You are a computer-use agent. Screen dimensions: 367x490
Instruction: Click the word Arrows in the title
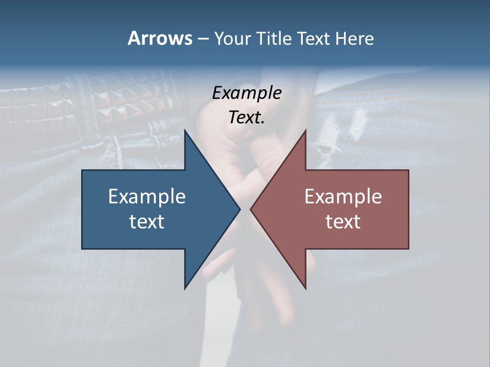(x=160, y=38)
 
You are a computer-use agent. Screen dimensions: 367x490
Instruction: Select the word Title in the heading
(x=276, y=39)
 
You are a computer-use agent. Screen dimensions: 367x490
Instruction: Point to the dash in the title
(x=203, y=39)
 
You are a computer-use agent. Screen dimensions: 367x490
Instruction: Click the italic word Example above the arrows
(x=247, y=93)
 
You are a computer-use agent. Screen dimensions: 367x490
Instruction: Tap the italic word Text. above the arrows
(x=247, y=117)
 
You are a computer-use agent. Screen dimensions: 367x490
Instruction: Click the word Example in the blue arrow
(x=147, y=196)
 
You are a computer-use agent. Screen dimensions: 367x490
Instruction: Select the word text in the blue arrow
(x=147, y=222)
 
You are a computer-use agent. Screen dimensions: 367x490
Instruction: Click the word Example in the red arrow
(x=343, y=196)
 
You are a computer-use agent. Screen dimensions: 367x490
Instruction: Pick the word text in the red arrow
(x=343, y=222)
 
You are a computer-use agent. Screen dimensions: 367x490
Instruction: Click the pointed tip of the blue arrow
(x=239, y=209)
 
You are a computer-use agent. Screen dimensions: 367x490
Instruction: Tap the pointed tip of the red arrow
(x=251, y=209)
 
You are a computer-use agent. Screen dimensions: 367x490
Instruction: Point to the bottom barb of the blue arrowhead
(x=185, y=287)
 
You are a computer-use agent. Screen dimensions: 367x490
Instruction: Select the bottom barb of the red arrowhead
(x=305, y=287)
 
